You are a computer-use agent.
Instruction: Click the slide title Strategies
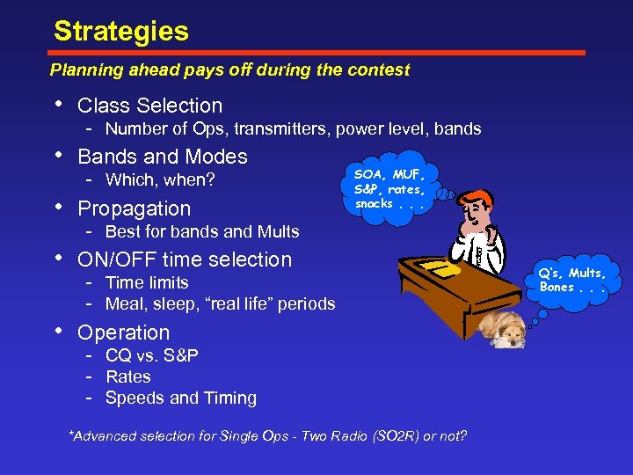[x=120, y=32]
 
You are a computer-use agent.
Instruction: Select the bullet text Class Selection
[x=149, y=106]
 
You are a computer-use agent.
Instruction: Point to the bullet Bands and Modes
[x=163, y=157]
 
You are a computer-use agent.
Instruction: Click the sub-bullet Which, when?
[x=160, y=180]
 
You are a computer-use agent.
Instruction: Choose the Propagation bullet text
[x=134, y=208]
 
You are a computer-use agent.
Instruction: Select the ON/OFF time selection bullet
[x=185, y=259]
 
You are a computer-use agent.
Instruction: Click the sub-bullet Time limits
[x=147, y=282]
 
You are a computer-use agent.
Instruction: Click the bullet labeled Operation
[x=123, y=332]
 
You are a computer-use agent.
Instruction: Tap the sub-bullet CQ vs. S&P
[x=151, y=355]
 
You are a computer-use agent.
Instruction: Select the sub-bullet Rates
[x=127, y=376]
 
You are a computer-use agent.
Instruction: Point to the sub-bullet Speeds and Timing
[x=180, y=398]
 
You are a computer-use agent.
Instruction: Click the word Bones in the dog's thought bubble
[x=557, y=288]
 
